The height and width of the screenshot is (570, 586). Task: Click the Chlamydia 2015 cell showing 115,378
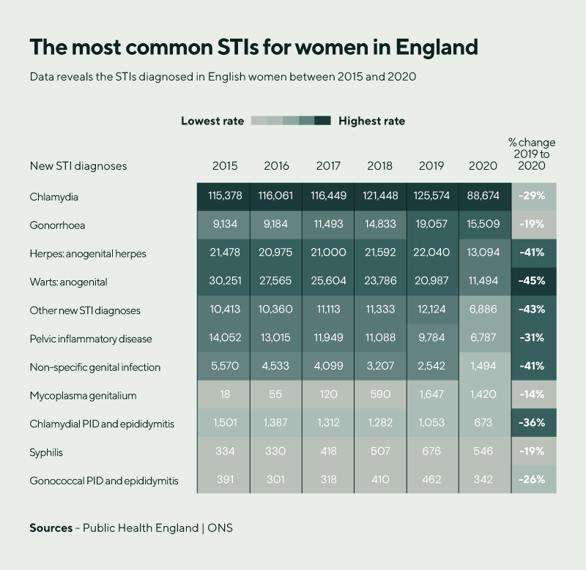tap(224, 197)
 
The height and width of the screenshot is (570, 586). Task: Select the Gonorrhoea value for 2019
tap(432, 225)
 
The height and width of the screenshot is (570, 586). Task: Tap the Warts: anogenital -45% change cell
tap(533, 282)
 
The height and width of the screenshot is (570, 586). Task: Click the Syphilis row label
tap(46, 452)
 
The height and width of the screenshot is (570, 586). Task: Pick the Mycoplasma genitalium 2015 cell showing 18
tap(224, 396)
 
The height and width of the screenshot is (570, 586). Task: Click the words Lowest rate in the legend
tap(212, 121)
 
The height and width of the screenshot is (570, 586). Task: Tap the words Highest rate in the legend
tap(371, 121)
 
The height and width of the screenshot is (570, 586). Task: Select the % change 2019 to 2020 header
tap(533, 154)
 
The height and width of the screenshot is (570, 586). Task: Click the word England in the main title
tap(437, 47)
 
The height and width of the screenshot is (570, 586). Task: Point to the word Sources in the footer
tap(51, 528)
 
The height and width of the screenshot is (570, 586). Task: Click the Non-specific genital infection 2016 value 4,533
tap(275, 367)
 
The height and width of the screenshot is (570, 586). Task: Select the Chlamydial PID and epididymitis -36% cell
tap(533, 424)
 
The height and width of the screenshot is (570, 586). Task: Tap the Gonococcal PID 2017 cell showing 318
tap(327, 481)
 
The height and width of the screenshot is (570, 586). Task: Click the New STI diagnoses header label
tap(78, 166)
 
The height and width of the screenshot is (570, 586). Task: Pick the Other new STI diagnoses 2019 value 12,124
tap(432, 310)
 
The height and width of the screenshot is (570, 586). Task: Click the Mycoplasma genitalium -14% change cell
tap(533, 396)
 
